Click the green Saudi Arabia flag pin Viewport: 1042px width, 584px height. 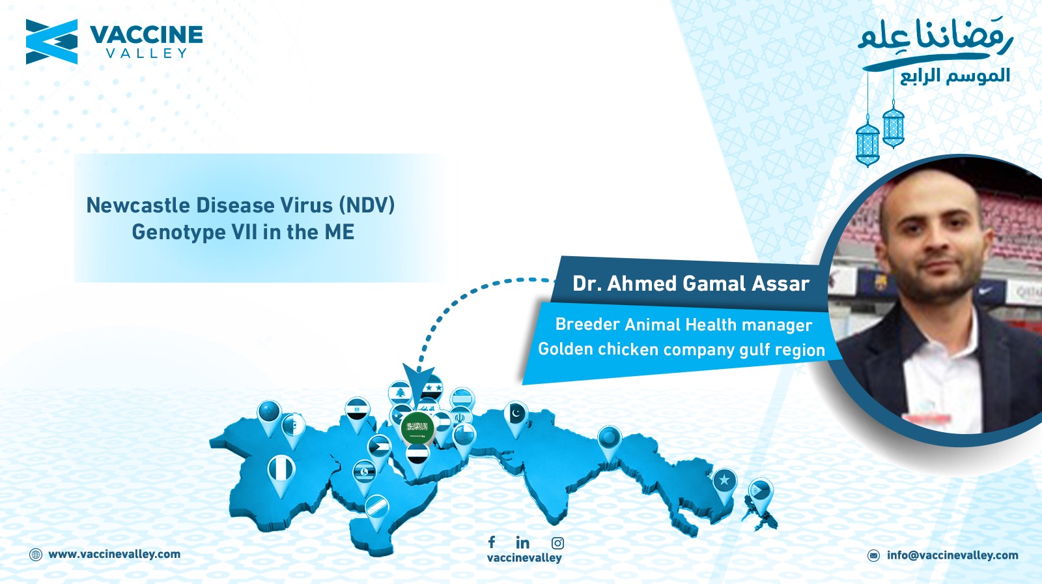point(417,428)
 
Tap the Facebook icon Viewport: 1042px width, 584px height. point(492,542)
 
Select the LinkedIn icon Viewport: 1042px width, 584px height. point(522,542)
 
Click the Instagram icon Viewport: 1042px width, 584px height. point(557,543)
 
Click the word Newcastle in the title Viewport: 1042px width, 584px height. point(137,205)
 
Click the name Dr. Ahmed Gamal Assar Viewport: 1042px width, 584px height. point(691,283)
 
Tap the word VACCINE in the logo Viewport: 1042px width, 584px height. point(146,35)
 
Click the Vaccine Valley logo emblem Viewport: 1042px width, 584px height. point(51,42)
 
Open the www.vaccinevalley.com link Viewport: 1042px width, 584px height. point(114,554)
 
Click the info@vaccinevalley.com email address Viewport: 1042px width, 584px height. point(952,555)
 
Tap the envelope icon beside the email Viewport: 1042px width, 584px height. point(873,555)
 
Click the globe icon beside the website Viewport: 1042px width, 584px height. point(35,555)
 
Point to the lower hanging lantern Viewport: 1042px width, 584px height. point(867,143)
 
